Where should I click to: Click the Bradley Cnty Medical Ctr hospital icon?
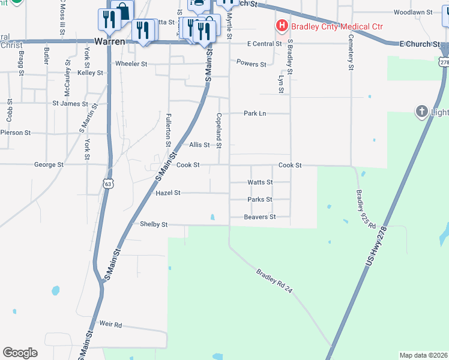[281, 26]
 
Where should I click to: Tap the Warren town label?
[110, 42]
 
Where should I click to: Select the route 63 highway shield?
[107, 180]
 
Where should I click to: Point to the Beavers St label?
[260, 217]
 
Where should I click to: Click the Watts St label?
[260, 182]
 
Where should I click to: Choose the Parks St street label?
[260, 199]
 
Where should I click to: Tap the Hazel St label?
[168, 193]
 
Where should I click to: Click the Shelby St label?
[153, 224]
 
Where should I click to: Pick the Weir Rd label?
[110, 325]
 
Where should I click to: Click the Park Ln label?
[255, 113]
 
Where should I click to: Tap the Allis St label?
[199, 145]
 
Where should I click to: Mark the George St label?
[49, 164]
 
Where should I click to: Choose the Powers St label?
[251, 64]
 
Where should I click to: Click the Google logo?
[20, 352]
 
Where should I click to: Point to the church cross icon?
[422, 111]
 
